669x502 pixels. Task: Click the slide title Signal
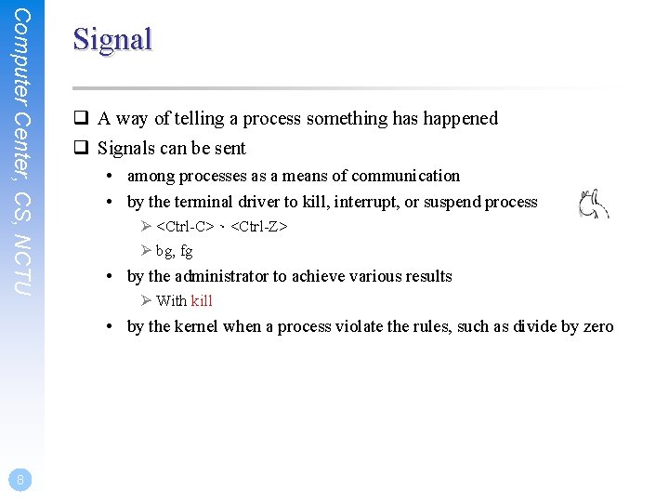click(x=112, y=39)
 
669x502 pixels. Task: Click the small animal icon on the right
click(x=593, y=204)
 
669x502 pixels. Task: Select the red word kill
click(x=202, y=300)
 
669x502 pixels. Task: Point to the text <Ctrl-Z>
click(x=259, y=226)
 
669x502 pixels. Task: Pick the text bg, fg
click(x=175, y=251)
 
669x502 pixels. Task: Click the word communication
click(x=404, y=176)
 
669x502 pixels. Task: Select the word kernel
click(x=196, y=326)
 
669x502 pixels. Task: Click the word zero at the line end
click(x=598, y=326)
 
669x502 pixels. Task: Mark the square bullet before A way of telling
click(x=82, y=118)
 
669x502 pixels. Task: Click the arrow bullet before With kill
click(x=146, y=300)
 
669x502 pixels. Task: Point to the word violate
click(x=354, y=326)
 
